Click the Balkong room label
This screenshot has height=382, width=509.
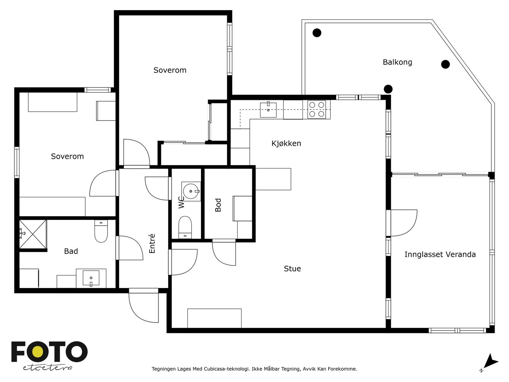pos(397,62)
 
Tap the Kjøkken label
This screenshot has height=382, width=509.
pos(286,143)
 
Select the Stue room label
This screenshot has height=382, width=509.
pos(292,269)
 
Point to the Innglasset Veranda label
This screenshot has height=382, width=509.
pos(440,254)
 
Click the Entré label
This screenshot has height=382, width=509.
pos(152,243)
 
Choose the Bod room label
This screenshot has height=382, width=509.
pos(218,205)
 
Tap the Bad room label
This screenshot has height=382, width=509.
pos(71,251)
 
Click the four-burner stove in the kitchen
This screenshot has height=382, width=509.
pos(317,110)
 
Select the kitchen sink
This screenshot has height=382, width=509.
pos(268,110)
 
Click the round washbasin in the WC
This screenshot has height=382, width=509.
pos(191,191)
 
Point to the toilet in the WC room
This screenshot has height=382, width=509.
pos(185,227)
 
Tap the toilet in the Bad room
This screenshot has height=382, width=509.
pos(101,231)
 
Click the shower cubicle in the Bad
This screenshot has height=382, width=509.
pos(33,234)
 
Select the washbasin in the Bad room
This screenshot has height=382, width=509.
pos(91,278)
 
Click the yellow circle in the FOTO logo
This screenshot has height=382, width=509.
pos(38,352)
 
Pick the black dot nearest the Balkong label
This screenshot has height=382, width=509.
pos(445,64)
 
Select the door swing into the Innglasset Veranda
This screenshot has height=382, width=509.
pos(404,223)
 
